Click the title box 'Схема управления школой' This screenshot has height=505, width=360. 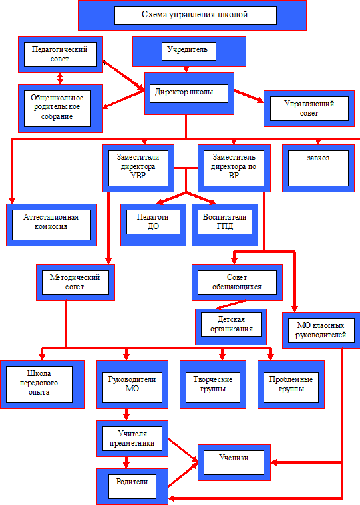[x=192, y=15]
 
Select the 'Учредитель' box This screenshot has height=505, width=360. [x=189, y=51]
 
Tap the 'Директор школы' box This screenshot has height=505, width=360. [x=189, y=94]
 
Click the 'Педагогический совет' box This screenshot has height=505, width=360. [x=60, y=54]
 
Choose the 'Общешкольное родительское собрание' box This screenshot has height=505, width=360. [x=60, y=108]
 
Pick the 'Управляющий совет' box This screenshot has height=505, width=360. [x=309, y=108]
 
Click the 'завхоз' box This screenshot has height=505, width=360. [x=318, y=168]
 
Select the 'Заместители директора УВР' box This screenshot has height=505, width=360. [x=138, y=168]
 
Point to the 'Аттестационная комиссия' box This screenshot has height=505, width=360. [x=51, y=225]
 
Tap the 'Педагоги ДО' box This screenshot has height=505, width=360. [x=153, y=225]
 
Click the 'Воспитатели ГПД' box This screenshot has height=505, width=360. [x=225, y=225]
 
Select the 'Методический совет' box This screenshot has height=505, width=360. [x=75, y=282]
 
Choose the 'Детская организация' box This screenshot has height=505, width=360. [x=231, y=327]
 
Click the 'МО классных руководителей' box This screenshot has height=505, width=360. [x=321, y=330]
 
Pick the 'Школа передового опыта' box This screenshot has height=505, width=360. [x=42, y=384]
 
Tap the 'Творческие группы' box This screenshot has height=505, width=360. [x=213, y=384]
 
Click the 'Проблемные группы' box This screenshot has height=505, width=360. [x=291, y=384]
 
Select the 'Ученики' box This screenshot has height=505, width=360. [x=234, y=462]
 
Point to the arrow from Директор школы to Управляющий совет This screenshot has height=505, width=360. [x=249, y=96]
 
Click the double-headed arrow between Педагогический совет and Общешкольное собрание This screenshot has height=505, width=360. [x=60, y=79]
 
